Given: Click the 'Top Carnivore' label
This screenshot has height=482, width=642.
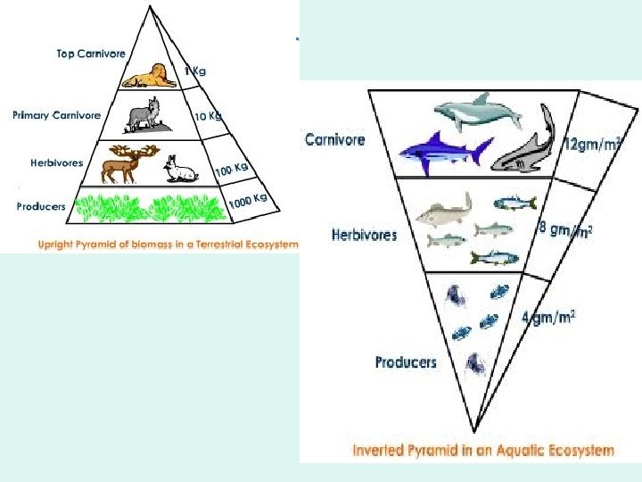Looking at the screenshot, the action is click(x=90, y=54).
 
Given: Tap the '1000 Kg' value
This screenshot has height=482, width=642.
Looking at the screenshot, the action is click(x=248, y=200).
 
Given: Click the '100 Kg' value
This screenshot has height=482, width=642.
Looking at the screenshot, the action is click(x=230, y=168).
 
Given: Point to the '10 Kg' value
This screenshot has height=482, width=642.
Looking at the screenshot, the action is click(x=209, y=117).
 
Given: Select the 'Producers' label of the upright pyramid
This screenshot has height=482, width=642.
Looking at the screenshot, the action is click(x=41, y=206).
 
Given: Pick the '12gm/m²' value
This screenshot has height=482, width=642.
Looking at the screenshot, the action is click(x=593, y=143).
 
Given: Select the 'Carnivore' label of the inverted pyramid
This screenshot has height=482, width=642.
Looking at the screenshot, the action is click(x=334, y=139).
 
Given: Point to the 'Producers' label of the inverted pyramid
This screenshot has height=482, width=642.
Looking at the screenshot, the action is click(x=406, y=361).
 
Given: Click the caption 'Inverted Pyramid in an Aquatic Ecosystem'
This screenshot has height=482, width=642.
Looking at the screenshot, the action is click(x=482, y=451).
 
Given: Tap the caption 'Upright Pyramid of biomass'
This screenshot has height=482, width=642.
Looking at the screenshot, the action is click(x=168, y=244).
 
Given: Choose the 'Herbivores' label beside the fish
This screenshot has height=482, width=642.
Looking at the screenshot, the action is click(x=364, y=236).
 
